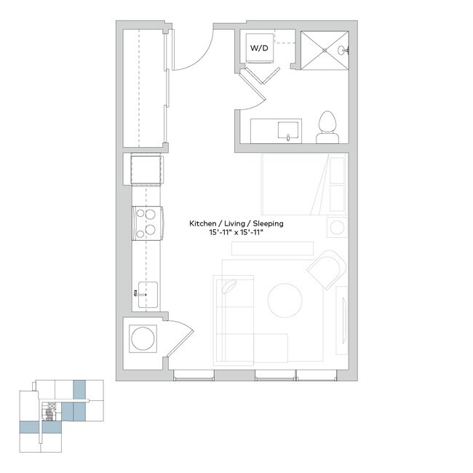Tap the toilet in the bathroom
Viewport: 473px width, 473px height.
click(327, 126)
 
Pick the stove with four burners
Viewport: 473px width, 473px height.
click(148, 221)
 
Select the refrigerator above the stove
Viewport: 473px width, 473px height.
click(148, 170)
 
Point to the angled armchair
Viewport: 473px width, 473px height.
click(325, 269)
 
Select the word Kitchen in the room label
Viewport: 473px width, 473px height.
click(203, 223)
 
